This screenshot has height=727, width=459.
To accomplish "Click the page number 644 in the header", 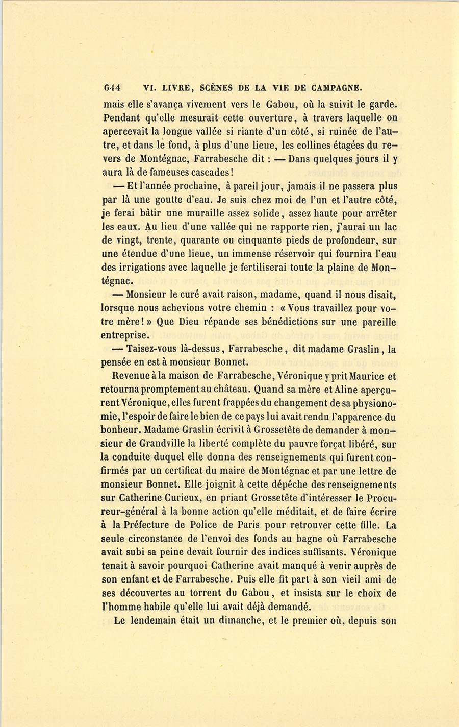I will point(111,87).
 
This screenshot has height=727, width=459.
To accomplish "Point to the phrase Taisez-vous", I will point(151,349).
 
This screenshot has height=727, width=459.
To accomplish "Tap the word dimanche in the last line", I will point(227,620).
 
